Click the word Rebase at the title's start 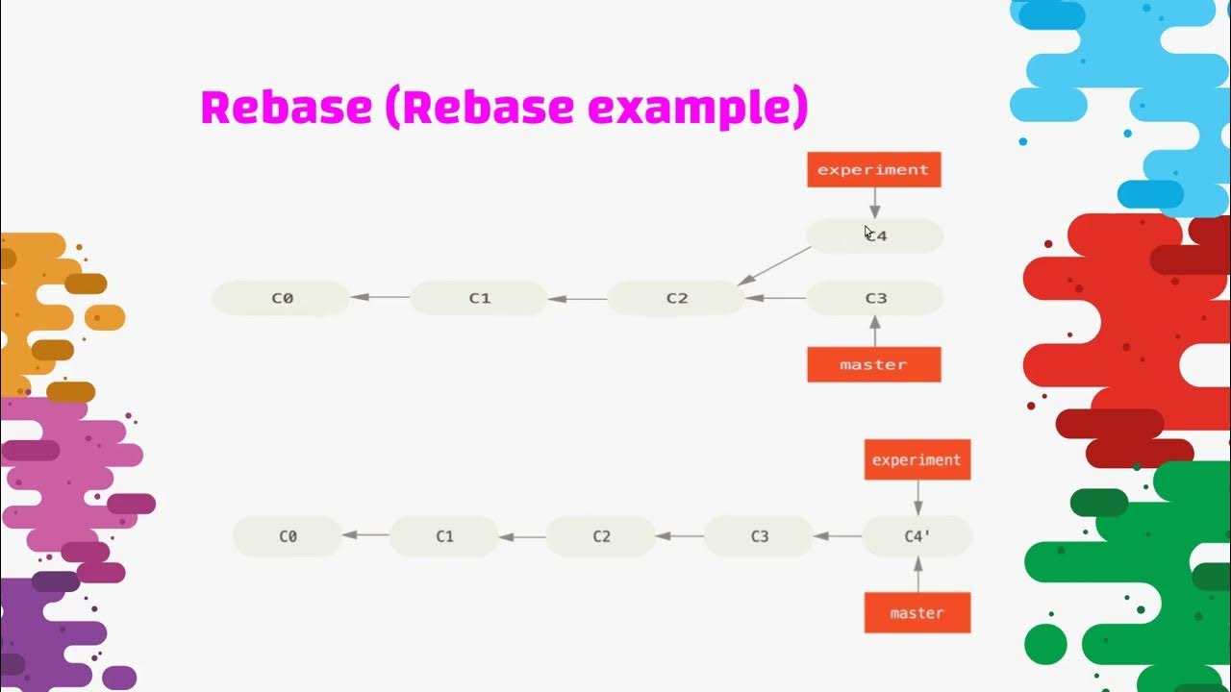tap(286, 107)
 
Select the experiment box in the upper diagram tap(873, 170)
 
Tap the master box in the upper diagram tap(873, 364)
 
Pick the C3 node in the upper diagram tap(874, 298)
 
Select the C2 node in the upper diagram tap(677, 298)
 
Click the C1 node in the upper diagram tap(479, 298)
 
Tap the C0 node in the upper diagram tap(281, 298)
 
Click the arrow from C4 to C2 tap(775, 265)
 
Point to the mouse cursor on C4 tap(868, 232)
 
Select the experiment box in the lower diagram tap(917, 459)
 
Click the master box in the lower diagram tap(917, 612)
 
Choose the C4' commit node tap(917, 536)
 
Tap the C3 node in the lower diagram tap(759, 536)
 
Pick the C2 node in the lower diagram tap(601, 536)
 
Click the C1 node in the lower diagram tap(444, 536)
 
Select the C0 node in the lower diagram tap(288, 536)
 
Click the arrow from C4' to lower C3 tap(838, 536)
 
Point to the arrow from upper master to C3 tap(874, 331)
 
